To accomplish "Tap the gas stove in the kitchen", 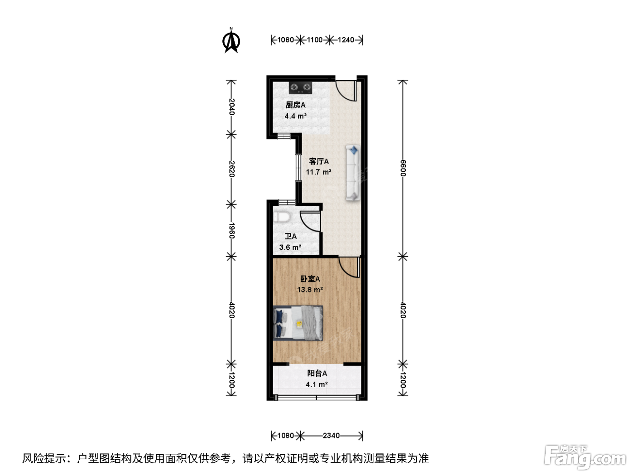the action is point(300,88).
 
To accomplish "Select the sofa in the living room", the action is point(353,173).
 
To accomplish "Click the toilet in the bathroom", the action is point(282,217).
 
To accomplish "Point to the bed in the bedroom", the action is point(298,323).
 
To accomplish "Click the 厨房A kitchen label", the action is point(295,105).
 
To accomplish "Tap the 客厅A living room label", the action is point(319,161).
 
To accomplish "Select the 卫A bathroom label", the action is point(291,236).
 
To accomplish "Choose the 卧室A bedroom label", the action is point(310,279).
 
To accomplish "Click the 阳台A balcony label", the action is point(317,374).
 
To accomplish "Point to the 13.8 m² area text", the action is point(310,290).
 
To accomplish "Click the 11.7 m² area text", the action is point(318,172).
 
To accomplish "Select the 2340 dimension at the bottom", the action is point(331,436).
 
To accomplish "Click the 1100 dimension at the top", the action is point(314,40).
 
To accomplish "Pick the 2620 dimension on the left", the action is point(231,169).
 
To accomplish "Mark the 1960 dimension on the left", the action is point(231,230).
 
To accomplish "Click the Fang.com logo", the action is point(585,457).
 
